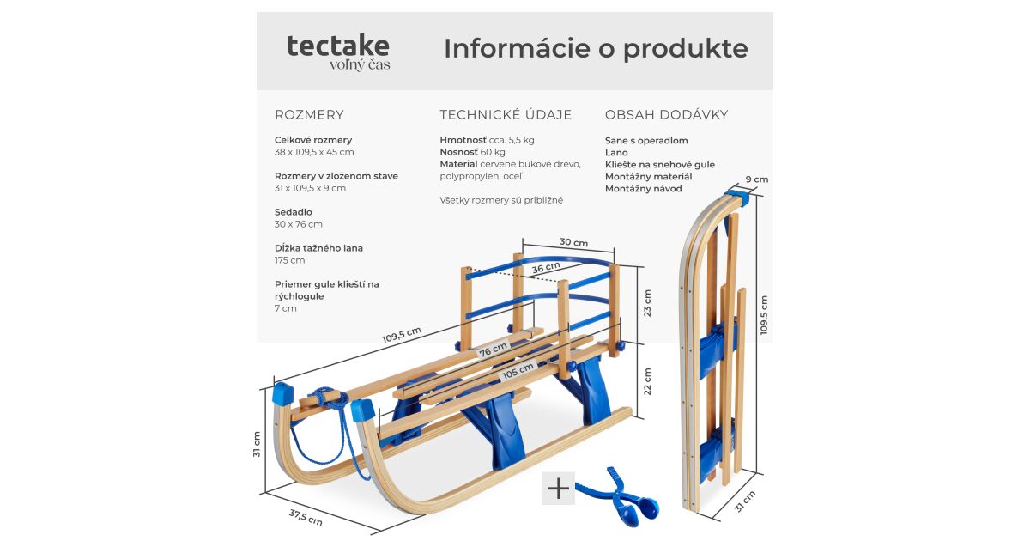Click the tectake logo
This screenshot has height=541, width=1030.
click(338, 51)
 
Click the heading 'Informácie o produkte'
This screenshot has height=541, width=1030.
click(595, 49)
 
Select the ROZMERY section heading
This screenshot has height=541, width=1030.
click(309, 115)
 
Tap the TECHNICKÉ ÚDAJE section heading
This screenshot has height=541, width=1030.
click(506, 115)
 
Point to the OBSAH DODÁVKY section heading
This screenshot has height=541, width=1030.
click(666, 115)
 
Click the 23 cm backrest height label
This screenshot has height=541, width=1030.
click(647, 302)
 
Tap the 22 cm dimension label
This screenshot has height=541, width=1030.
click(647, 381)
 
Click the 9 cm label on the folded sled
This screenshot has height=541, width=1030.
click(756, 179)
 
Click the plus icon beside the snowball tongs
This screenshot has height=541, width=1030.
click(558, 489)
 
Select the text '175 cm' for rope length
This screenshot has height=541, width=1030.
click(290, 260)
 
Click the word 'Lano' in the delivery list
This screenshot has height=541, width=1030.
click(616, 153)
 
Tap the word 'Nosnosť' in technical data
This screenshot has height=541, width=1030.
click(458, 152)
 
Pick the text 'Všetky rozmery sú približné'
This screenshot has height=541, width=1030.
click(501, 200)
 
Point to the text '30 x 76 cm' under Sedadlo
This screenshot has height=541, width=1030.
click(299, 224)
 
